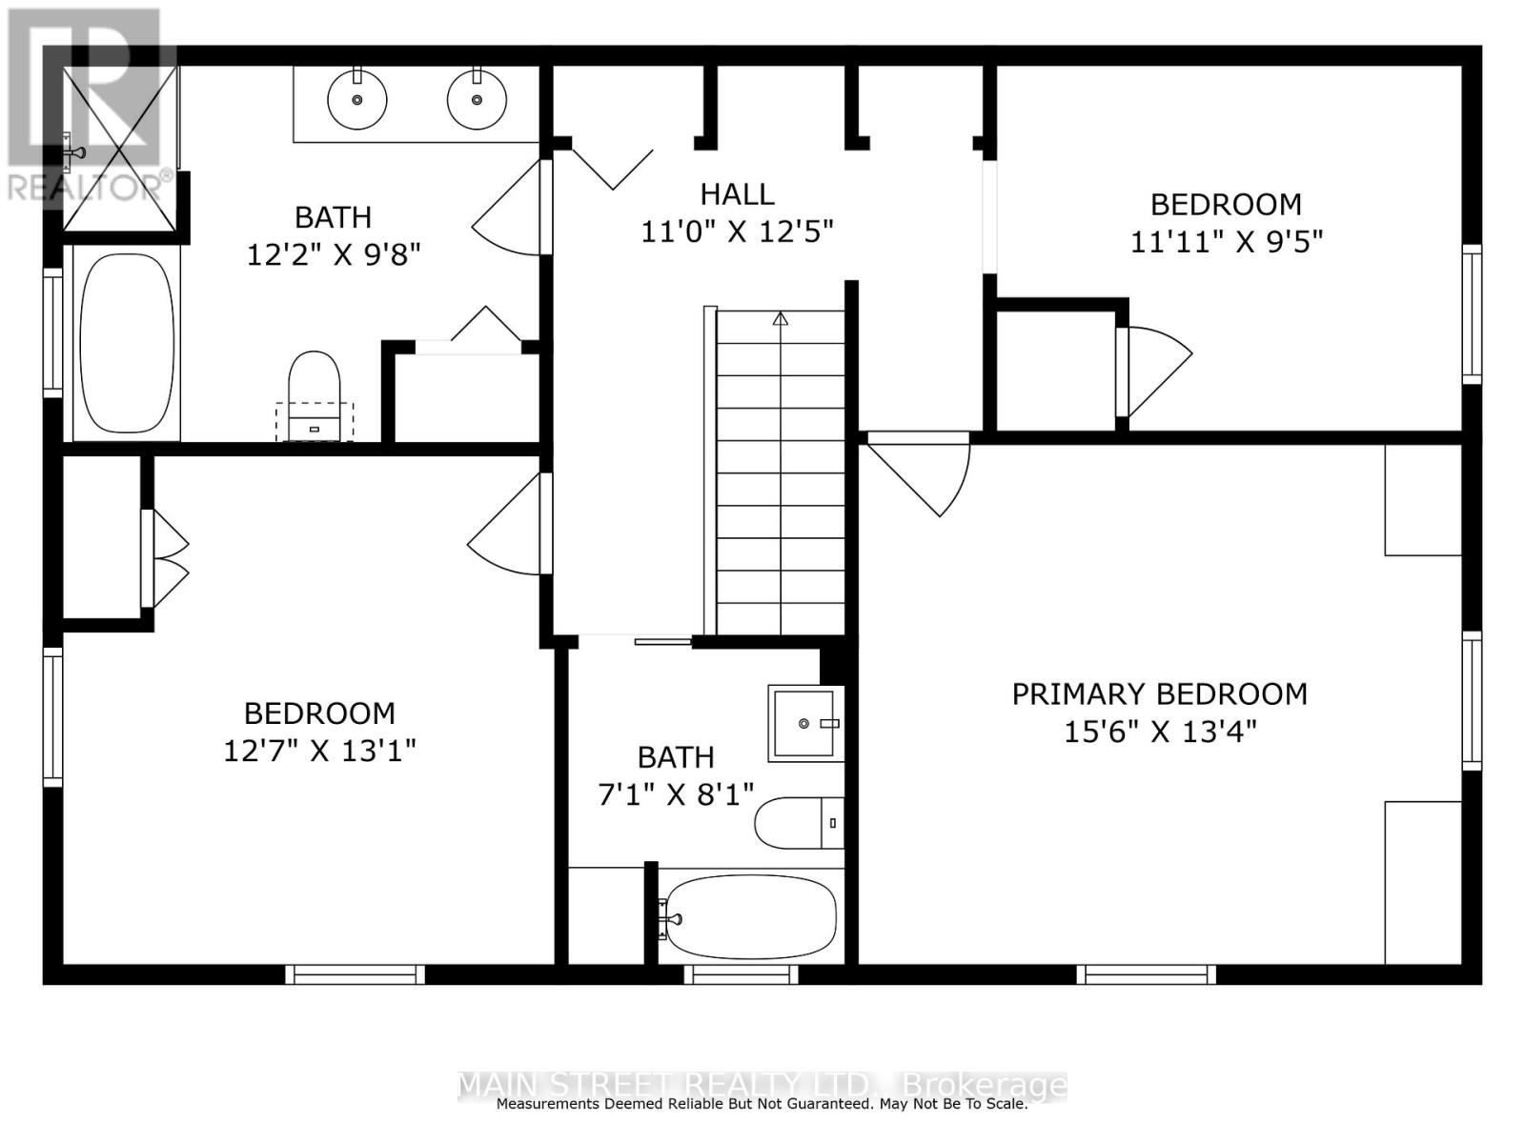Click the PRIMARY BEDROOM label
[x=1159, y=694]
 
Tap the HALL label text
[x=737, y=194]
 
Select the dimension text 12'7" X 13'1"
[x=319, y=751]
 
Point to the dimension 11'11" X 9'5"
[x=1227, y=242]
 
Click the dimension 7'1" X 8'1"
[x=676, y=794]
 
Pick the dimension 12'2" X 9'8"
[x=335, y=254]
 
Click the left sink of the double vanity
[x=357, y=100]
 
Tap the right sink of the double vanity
[x=477, y=100]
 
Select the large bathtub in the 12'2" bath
[x=127, y=343]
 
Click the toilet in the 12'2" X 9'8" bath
[x=314, y=395]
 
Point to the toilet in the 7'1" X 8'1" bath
[x=799, y=823]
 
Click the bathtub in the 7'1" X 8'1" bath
[x=750, y=917]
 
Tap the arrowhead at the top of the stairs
[x=781, y=318]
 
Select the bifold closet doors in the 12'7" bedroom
[x=165, y=559]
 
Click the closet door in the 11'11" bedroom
[x=1153, y=372]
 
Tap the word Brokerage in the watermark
[x=984, y=1084]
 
